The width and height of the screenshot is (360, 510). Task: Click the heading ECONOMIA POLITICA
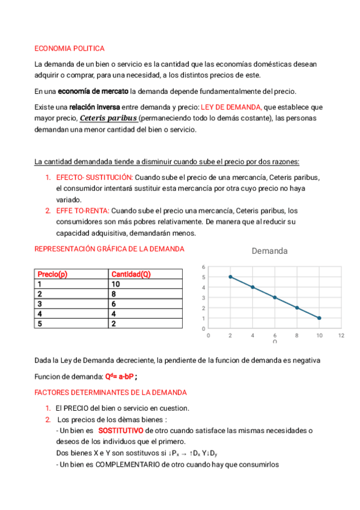tap(69, 48)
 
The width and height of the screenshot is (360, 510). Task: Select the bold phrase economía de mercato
tap(93, 91)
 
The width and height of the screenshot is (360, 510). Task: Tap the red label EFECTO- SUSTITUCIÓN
tap(94, 177)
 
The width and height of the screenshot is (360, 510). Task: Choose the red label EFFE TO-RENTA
tap(82, 211)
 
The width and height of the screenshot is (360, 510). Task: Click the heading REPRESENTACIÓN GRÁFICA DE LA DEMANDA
tap(109, 249)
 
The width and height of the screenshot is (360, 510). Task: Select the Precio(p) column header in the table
tap(52, 274)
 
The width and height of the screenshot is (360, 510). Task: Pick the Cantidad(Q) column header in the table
tap(130, 274)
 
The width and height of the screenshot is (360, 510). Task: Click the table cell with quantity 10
tap(116, 284)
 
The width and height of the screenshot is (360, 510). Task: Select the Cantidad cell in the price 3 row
tap(114, 304)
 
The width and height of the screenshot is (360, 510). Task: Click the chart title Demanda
tap(269, 251)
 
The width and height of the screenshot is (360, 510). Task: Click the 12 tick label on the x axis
tap(341, 336)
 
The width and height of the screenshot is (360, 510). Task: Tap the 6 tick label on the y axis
tap(203, 266)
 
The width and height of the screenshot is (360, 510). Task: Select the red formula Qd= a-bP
tap(120, 377)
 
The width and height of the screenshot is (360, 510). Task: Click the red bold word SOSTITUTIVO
tap(120, 431)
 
